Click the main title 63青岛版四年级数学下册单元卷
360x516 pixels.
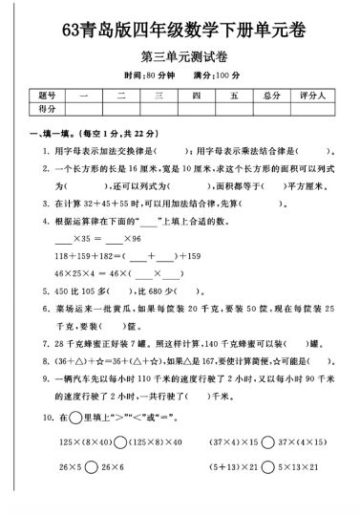180,30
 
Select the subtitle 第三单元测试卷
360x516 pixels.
179,56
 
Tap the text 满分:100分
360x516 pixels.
213,75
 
